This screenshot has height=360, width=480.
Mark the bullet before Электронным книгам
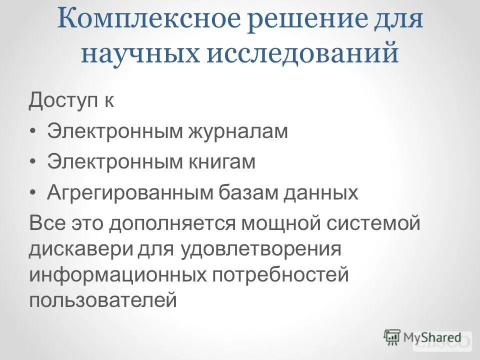coord(33,162)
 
